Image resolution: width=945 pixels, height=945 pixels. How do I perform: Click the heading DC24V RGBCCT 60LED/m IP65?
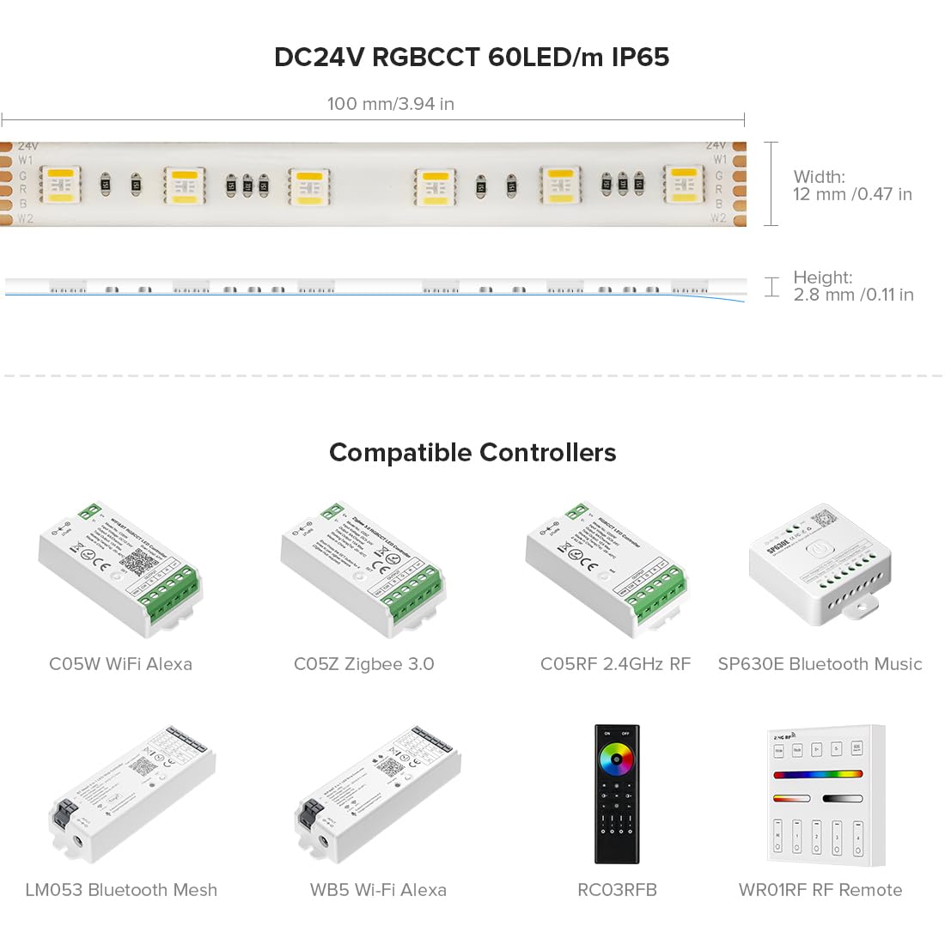(x=472, y=58)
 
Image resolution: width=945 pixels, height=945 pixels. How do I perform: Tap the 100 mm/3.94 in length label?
(x=390, y=104)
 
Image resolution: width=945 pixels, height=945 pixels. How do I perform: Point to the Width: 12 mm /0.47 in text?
(x=852, y=186)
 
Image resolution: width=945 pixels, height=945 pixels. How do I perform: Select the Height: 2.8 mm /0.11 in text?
(x=852, y=286)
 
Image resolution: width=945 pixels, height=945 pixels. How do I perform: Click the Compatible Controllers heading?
(x=472, y=453)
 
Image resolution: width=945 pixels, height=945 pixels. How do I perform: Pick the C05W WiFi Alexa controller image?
(x=119, y=569)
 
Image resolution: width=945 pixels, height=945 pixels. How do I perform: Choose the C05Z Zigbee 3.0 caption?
(x=364, y=664)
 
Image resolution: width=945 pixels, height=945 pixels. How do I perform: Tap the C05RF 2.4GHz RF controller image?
(x=607, y=569)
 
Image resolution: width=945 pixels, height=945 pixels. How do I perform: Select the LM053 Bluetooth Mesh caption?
(x=121, y=890)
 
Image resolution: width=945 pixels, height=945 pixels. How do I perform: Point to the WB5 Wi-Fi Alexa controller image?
(x=378, y=795)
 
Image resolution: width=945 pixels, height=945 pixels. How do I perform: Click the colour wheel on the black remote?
(x=616, y=759)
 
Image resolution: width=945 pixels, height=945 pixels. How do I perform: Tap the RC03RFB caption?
(x=617, y=890)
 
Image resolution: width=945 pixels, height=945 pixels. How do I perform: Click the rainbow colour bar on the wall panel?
(x=818, y=774)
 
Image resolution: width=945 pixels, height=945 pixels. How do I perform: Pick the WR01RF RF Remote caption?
(x=820, y=890)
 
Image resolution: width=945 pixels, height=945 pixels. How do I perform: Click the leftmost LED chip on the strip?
(x=61, y=186)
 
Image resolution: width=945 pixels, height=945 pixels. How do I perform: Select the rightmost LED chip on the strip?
(x=684, y=186)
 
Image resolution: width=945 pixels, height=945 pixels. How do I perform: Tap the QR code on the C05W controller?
(x=137, y=561)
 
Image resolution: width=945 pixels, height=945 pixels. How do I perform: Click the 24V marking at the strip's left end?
(x=27, y=147)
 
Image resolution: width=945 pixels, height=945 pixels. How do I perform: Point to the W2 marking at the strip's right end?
(x=718, y=218)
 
